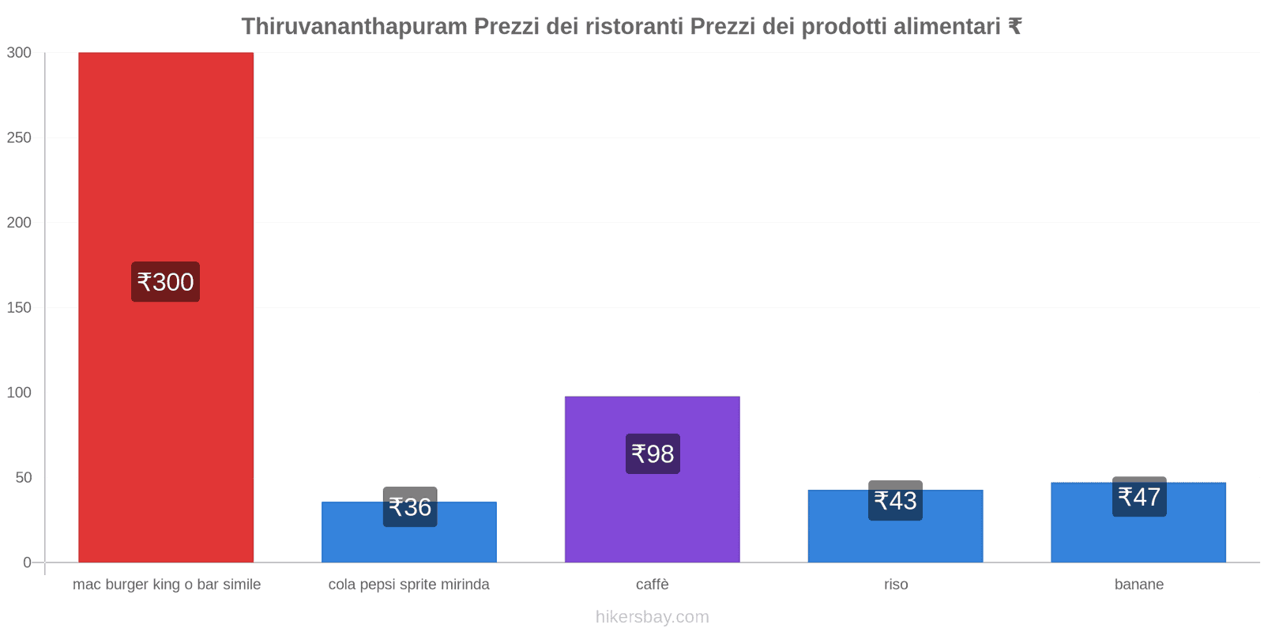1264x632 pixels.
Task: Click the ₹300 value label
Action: point(165,282)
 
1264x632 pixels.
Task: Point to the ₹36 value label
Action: point(410,507)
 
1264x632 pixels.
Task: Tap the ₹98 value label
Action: point(653,454)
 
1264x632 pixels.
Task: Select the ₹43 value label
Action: point(895,501)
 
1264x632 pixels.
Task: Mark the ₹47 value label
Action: point(1139,497)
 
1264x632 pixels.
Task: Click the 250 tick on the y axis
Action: point(19,137)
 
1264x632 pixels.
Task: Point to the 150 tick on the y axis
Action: point(19,307)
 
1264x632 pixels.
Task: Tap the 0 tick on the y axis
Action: point(28,562)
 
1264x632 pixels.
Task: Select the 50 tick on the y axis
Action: point(23,477)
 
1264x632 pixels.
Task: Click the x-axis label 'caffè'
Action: point(653,585)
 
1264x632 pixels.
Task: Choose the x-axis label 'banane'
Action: point(1139,585)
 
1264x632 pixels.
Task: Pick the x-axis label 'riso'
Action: point(896,585)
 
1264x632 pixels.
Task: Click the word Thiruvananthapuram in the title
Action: point(354,27)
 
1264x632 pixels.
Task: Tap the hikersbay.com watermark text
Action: point(653,617)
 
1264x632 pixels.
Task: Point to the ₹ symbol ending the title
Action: point(1014,27)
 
